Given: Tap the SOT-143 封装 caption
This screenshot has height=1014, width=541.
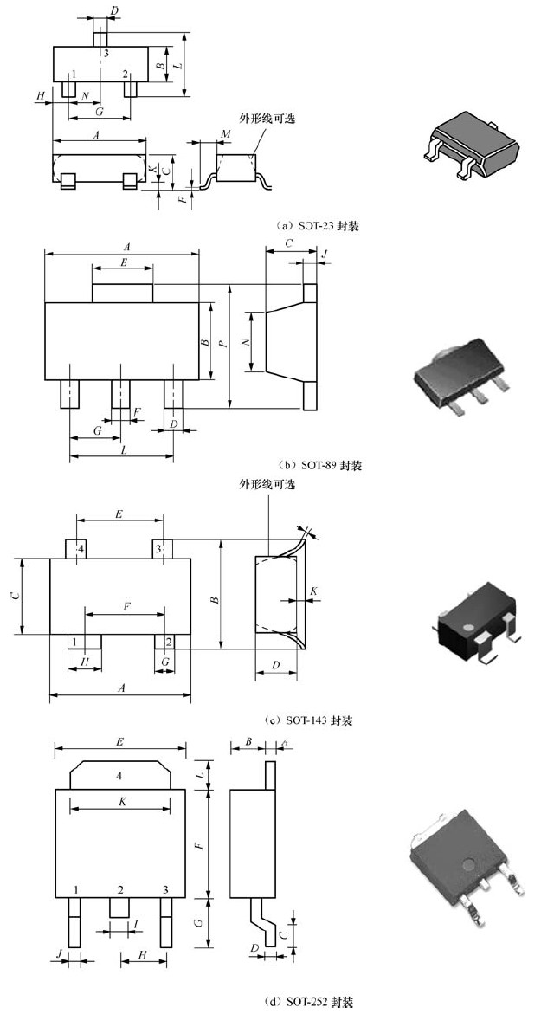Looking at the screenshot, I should (309, 720).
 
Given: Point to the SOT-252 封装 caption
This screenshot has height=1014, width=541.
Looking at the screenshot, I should (309, 1002).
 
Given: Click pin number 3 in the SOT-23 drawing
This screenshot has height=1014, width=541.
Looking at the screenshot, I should (106, 54).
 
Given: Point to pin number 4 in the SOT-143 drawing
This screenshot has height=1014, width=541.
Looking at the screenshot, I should (80, 549).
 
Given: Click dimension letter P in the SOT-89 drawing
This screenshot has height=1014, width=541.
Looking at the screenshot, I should (224, 343).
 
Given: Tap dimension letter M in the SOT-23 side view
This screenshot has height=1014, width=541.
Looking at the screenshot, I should (225, 133).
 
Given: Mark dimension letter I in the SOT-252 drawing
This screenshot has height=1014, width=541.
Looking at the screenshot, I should (137, 926).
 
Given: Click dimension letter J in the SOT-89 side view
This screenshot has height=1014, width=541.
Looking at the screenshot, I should (324, 255).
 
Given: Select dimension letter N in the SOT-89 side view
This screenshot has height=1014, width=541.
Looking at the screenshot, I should (246, 342).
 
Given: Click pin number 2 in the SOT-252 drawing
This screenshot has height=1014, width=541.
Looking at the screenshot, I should (120, 890).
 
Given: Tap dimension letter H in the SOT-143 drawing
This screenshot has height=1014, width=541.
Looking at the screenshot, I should (84, 662).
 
